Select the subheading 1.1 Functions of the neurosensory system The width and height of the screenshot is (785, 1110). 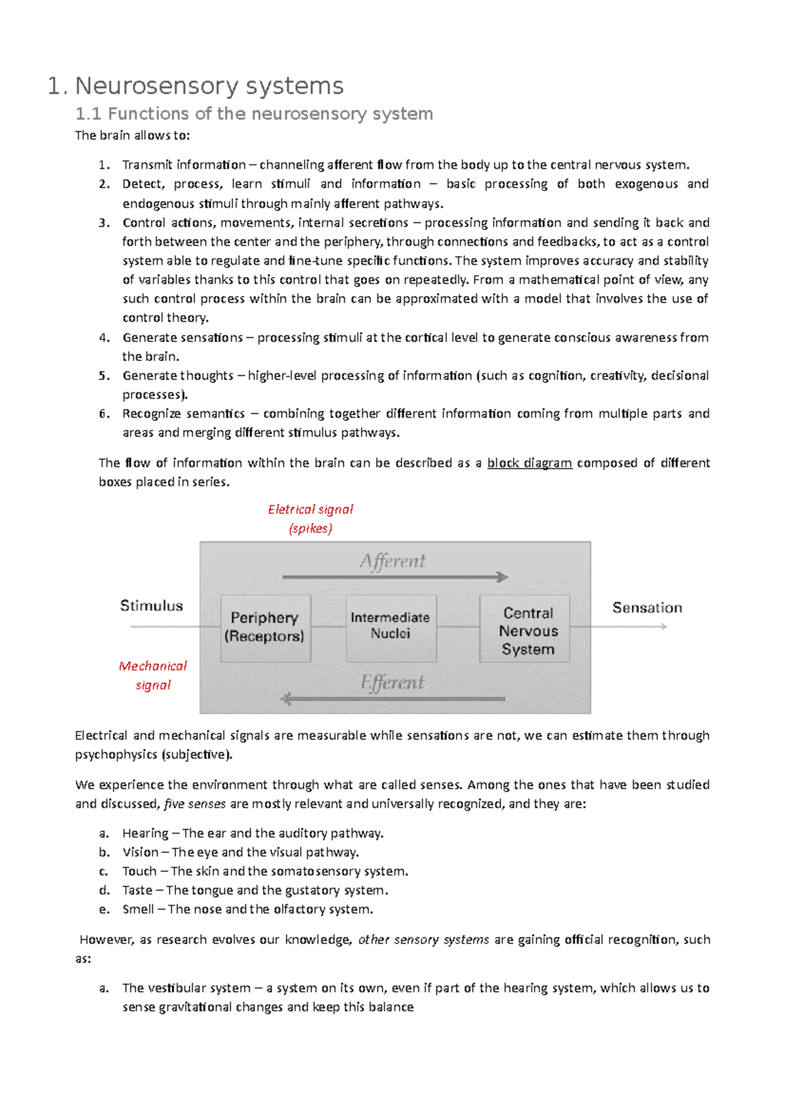pyautogui.click(x=254, y=114)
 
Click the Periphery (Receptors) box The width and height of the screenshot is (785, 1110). pyautogui.click(x=265, y=628)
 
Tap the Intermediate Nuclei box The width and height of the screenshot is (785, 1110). pyautogui.click(x=391, y=626)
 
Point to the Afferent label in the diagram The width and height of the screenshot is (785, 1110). pyautogui.click(x=392, y=562)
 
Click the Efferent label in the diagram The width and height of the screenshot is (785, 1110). pyautogui.click(x=392, y=683)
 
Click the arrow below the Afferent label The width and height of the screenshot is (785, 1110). pyautogui.click(x=394, y=577)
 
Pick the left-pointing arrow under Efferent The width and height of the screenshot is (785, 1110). pyautogui.click(x=392, y=699)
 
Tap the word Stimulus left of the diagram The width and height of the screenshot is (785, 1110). pyautogui.click(x=151, y=606)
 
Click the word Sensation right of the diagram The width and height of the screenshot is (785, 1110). pyautogui.click(x=646, y=608)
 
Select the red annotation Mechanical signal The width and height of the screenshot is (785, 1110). pyautogui.click(x=153, y=675)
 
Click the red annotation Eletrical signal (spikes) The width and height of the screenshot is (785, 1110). pyautogui.click(x=310, y=518)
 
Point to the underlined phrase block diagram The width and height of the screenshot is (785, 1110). pyautogui.click(x=529, y=463)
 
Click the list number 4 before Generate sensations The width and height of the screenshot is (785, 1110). pyautogui.click(x=104, y=338)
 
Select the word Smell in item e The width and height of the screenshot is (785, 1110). pyautogui.click(x=138, y=909)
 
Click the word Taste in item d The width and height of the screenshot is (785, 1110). pyautogui.click(x=137, y=890)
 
